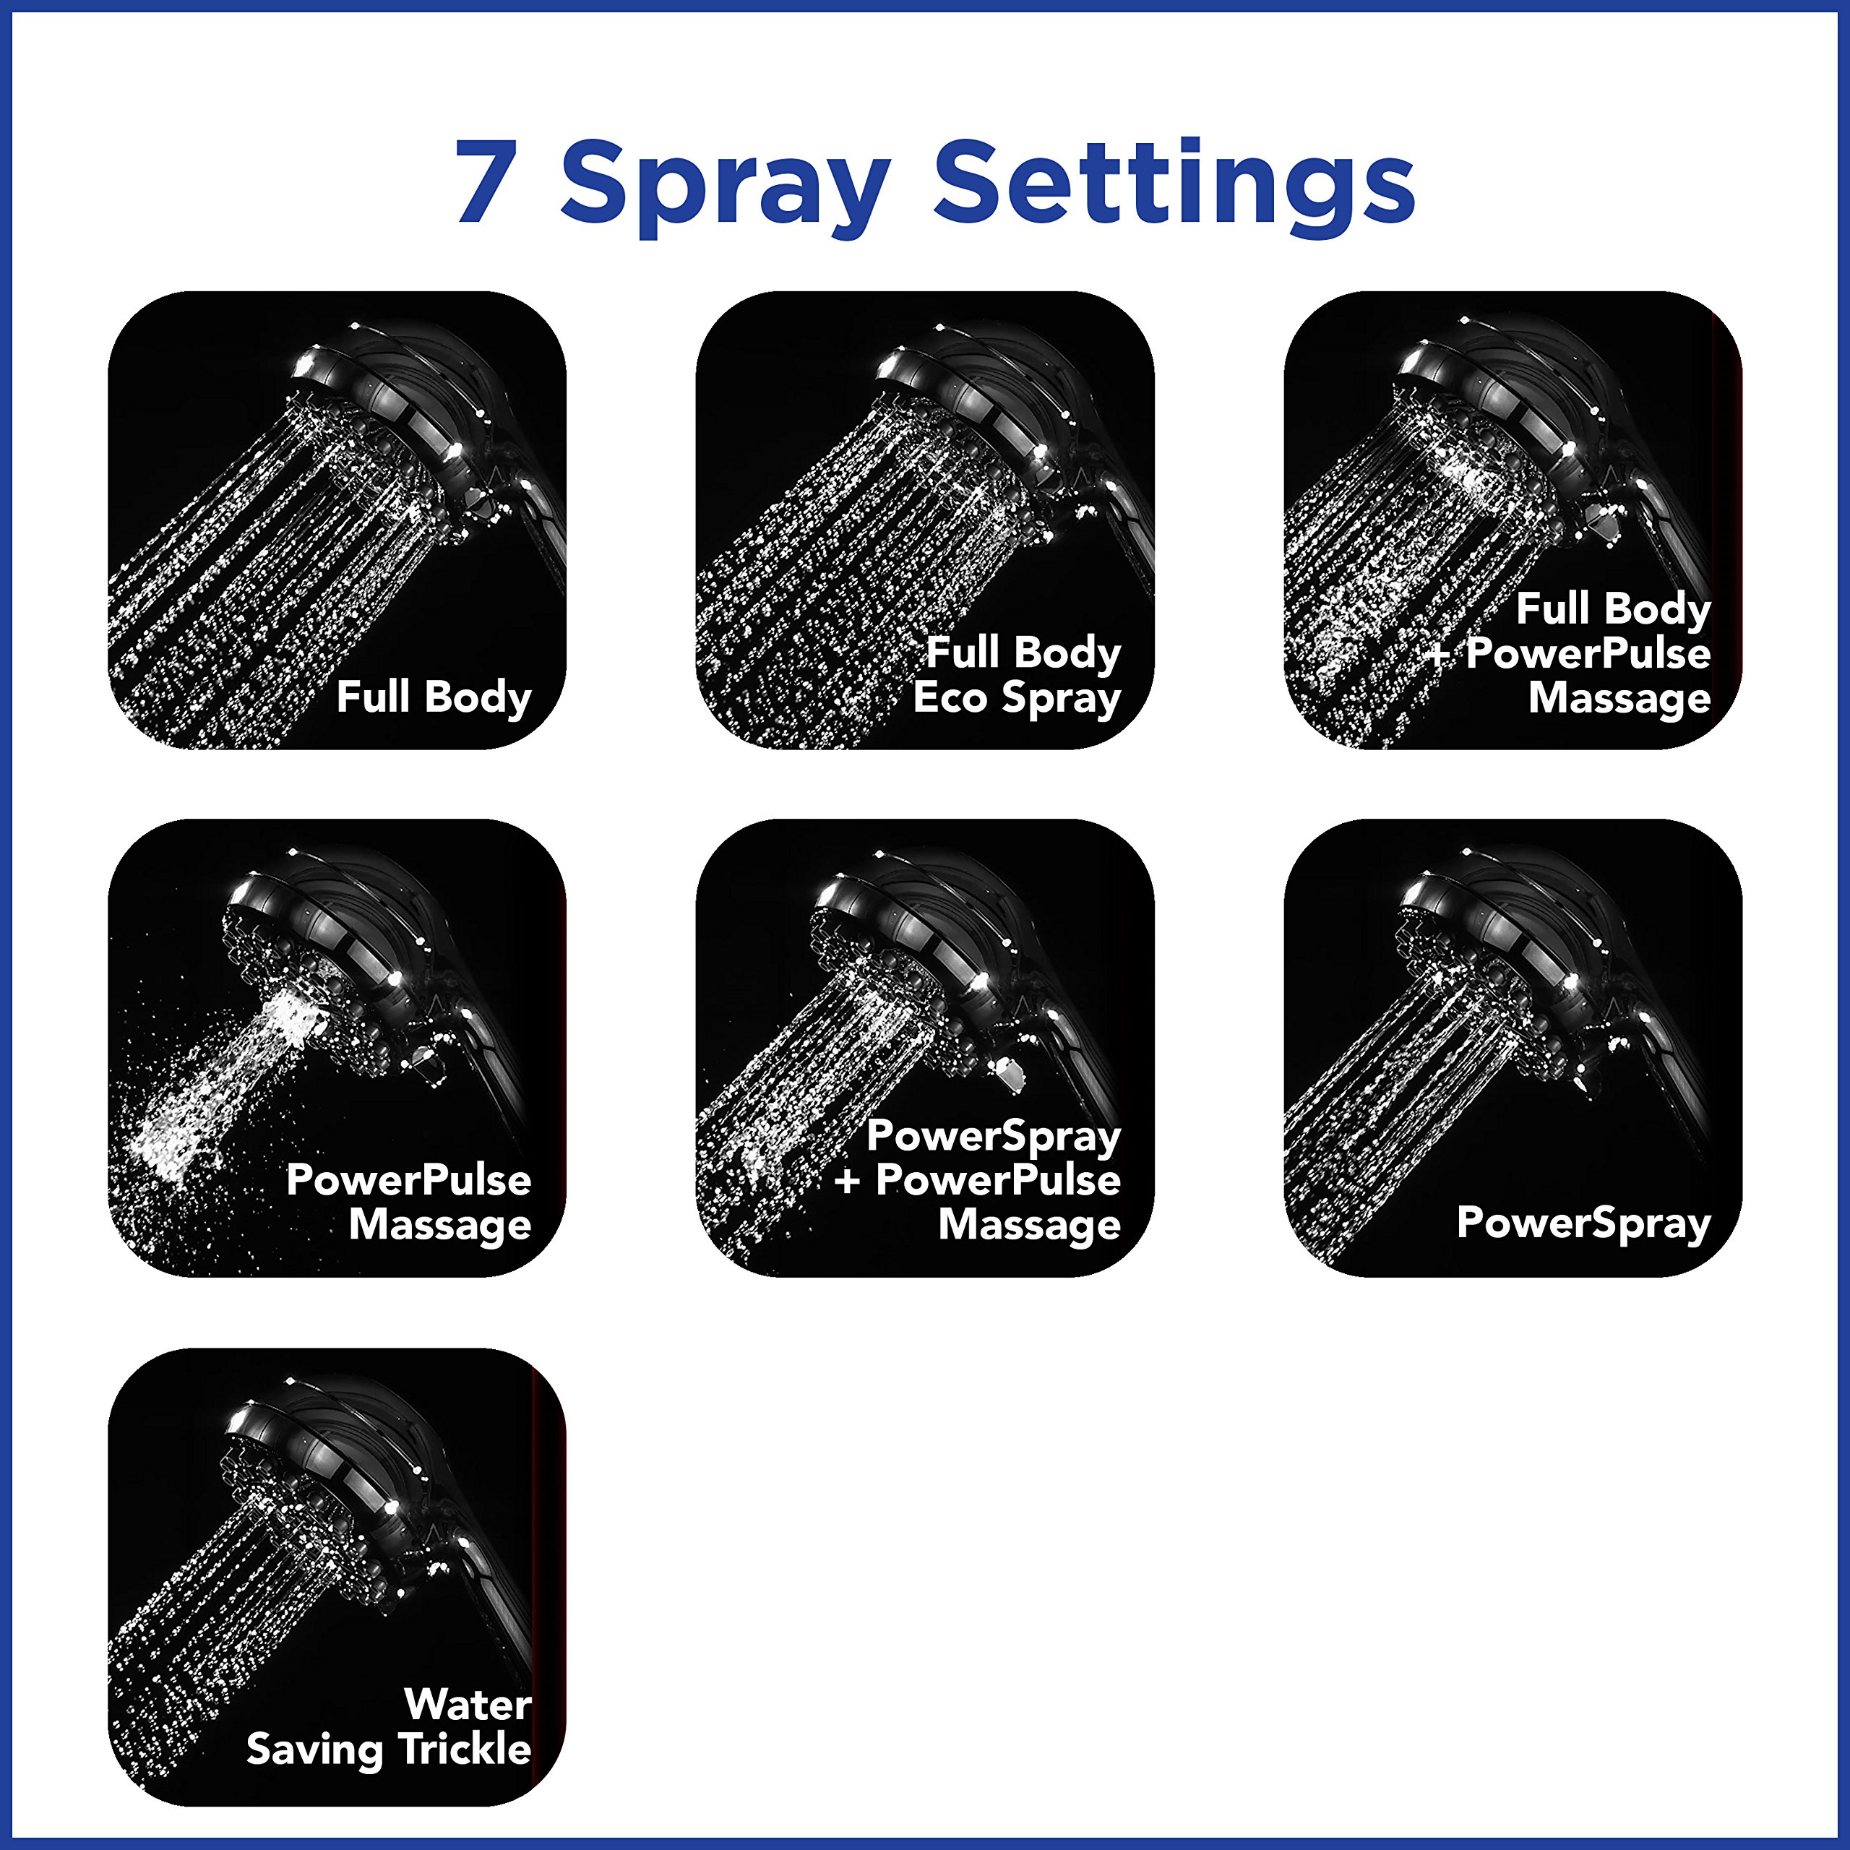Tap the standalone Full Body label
click(433, 697)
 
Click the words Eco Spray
click(1016, 698)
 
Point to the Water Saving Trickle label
click(389, 1726)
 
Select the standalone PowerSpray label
click(1583, 1223)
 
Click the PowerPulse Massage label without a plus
click(409, 1202)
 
